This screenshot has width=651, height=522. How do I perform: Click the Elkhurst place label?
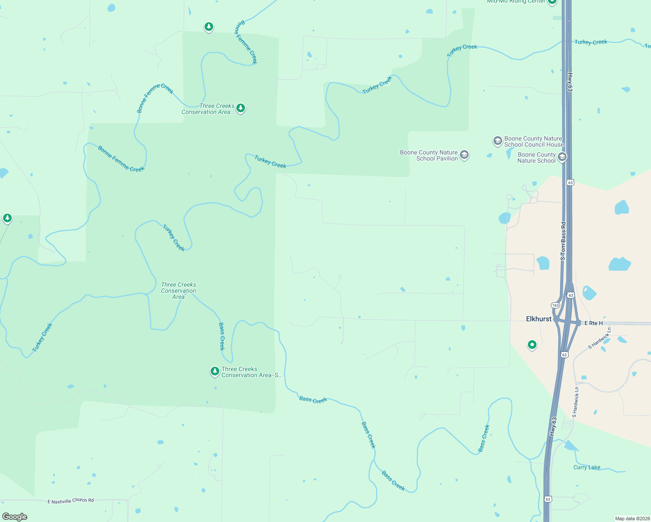(539, 319)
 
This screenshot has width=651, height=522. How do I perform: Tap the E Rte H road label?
(594, 323)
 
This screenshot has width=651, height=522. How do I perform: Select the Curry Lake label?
(587, 467)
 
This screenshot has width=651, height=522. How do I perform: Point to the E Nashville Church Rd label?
(70, 501)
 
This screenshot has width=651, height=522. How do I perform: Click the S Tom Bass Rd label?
(563, 241)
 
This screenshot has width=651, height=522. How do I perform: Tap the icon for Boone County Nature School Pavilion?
(464, 155)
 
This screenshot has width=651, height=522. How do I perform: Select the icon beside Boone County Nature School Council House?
(497, 141)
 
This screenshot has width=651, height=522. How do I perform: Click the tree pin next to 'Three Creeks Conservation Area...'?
(240, 108)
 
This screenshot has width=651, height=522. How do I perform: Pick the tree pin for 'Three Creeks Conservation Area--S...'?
(215, 371)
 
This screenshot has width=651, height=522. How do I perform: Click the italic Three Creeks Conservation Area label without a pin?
(178, 291)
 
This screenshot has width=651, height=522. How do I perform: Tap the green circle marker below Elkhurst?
(532, 345)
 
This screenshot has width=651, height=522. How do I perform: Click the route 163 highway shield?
(555, 305)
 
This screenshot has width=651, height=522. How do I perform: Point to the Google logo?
(15, 517)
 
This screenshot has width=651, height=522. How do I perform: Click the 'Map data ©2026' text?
(632, 519)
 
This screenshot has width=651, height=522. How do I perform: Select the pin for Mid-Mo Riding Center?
(552, 1)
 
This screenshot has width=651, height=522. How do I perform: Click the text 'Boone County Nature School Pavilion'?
(429, 155)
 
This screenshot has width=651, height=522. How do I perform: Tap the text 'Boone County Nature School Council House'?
(534, 141)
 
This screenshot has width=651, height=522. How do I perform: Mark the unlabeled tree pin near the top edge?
(209, 27)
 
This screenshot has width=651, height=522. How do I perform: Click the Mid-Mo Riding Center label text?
(516, 2)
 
